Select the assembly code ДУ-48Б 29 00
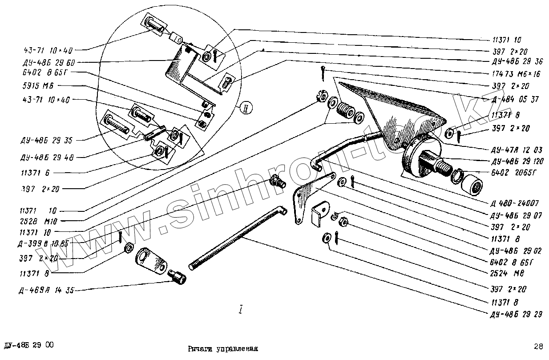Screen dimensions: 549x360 coord(29,345)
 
